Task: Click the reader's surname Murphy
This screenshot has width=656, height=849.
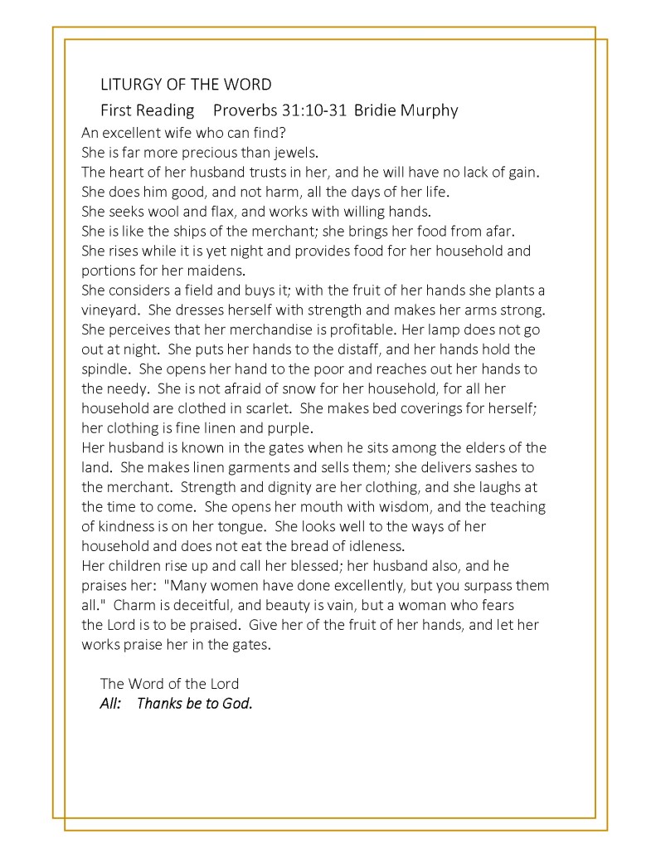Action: [428, 110]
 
